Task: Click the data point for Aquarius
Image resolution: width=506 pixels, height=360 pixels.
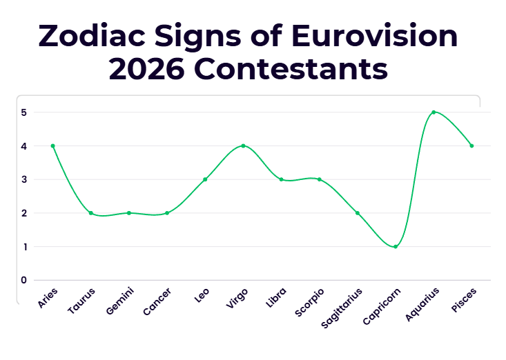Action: coord(434,112)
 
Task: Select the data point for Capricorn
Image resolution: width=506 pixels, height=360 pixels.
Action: coord(396,247)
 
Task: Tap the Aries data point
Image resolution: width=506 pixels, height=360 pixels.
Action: coord(53,146)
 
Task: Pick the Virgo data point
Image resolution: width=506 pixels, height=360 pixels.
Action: coord(243,146)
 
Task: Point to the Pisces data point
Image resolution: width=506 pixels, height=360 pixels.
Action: coord(471,146)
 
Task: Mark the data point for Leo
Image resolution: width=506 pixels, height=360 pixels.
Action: coord(205,179)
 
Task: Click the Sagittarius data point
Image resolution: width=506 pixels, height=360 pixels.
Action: coord(358,213)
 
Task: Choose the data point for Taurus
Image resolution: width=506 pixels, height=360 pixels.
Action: coord(91,213)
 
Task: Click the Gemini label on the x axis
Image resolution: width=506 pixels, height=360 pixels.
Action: coord(119,301)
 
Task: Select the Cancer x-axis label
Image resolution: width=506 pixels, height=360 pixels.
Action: coord(157,302)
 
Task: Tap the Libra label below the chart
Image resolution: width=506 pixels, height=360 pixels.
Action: coord(276,297)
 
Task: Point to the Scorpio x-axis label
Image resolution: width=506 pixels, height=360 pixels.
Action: coord(309,303)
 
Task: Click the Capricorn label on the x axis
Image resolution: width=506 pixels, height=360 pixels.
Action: coord(382,306)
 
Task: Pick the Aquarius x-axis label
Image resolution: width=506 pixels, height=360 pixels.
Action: coord(422,305)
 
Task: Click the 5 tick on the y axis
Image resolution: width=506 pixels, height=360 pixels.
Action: coord(24,112)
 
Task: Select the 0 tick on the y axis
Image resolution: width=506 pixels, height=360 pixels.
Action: coord(24,280)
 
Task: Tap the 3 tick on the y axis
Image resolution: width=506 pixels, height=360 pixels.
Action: coord(24,179)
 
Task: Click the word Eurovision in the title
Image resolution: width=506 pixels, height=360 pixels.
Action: coord(374,35)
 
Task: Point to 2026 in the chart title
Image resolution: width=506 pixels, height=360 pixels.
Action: coord(147,69)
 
